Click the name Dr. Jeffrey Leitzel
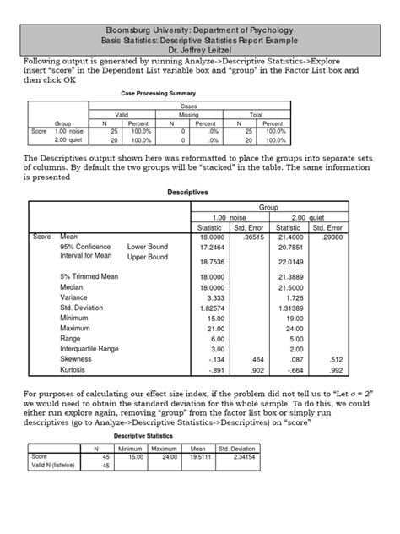pyautogui.click(x=199, y=50)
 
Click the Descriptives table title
pyautogui.click(x=199, y=193)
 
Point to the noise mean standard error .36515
pyautogui.click(x=255, y=237)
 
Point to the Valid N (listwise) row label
pyautogui.click(x=53, y=465)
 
